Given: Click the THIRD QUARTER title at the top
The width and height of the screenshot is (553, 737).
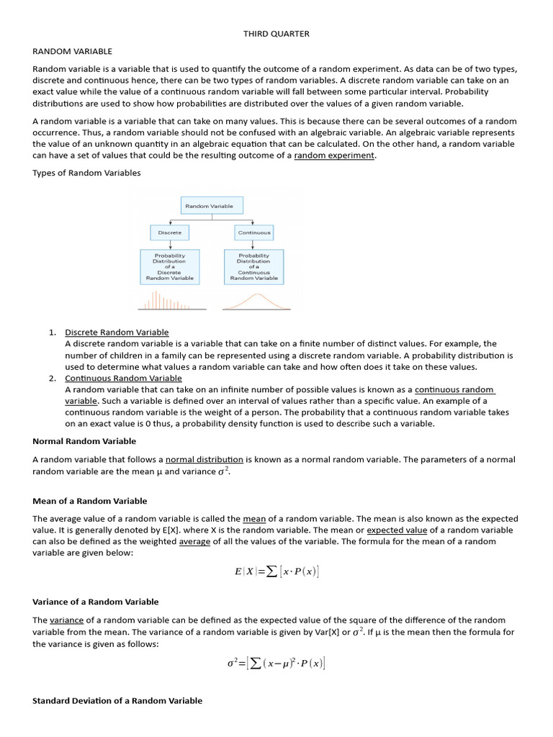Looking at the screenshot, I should (276, 34).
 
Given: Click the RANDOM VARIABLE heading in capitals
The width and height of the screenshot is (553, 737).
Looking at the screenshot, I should (72, 51).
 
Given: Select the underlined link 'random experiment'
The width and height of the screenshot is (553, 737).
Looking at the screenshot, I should (335, 155).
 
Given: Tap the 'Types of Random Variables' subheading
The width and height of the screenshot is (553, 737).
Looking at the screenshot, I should (87, 173).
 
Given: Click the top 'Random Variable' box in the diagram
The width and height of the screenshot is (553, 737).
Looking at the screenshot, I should (209, 206).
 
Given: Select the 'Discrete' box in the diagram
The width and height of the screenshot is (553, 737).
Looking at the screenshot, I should (170, 232).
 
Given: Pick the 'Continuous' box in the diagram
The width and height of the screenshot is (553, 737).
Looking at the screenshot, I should (253, 232).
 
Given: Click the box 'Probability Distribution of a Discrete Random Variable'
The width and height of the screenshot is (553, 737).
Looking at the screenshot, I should (170, 266).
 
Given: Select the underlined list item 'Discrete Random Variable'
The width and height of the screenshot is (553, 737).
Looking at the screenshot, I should (117, 332).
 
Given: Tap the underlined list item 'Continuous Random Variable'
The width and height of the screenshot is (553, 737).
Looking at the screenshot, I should (123, 378).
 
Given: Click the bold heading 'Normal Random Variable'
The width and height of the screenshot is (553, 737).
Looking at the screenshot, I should (84, 440).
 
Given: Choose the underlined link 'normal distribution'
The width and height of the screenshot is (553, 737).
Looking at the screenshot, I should (204, 459).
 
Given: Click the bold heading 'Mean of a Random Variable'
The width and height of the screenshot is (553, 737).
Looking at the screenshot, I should (90, 501).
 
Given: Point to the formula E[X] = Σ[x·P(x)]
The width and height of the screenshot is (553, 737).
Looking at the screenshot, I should (276, 571).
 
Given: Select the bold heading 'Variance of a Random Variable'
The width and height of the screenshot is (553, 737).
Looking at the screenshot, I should (96, 602).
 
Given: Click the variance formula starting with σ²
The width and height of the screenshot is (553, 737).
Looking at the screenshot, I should (276, 663).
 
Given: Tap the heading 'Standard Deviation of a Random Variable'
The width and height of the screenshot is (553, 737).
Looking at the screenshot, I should (117, 700).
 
